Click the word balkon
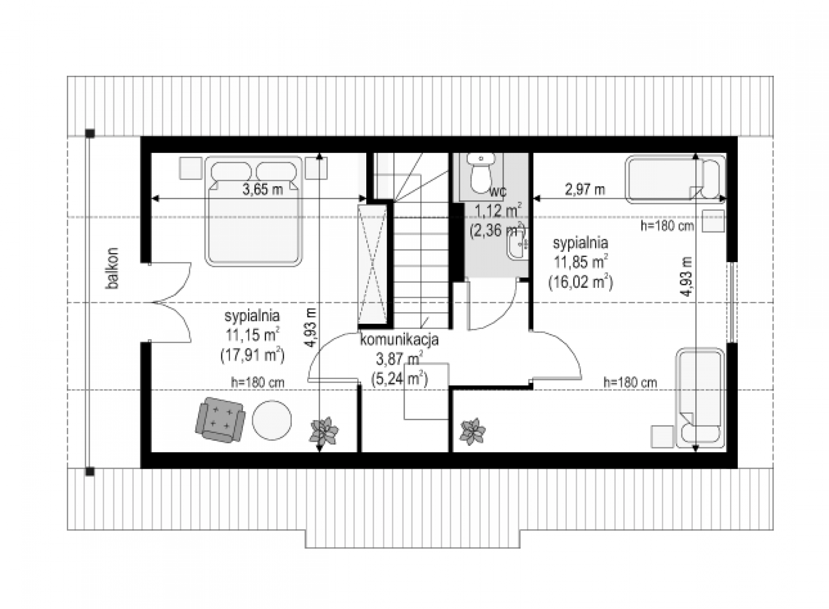pyautogui.click(x=112, y=268)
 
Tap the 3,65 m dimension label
pyautogui.click(x=262, y=190)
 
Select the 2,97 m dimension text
pyautogui.click(x=585, y=190)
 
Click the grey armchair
pyautogui.click(x=220, y=420)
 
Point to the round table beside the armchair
pyautogui.click(x=271, y=421)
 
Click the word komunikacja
pyautogui.click(x=399, y=340)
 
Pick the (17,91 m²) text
pyautogui.click(x=252, y=355)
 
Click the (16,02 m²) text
pyautogui.click(x=581, y=282)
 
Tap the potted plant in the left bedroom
pyautogui.click(x=324, y=431)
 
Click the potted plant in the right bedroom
pyautogui.click(x=473, y=431)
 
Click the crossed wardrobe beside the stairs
pyautogui.click(x=372, y=264)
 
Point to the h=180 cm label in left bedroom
pyautogui.click(x=258, y=383)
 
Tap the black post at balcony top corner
pyautogui.click(x=90, y=133)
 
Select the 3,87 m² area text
pyautogui.click(x=399, y=359)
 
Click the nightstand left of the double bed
pyautogui.click(x=191, y=168)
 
